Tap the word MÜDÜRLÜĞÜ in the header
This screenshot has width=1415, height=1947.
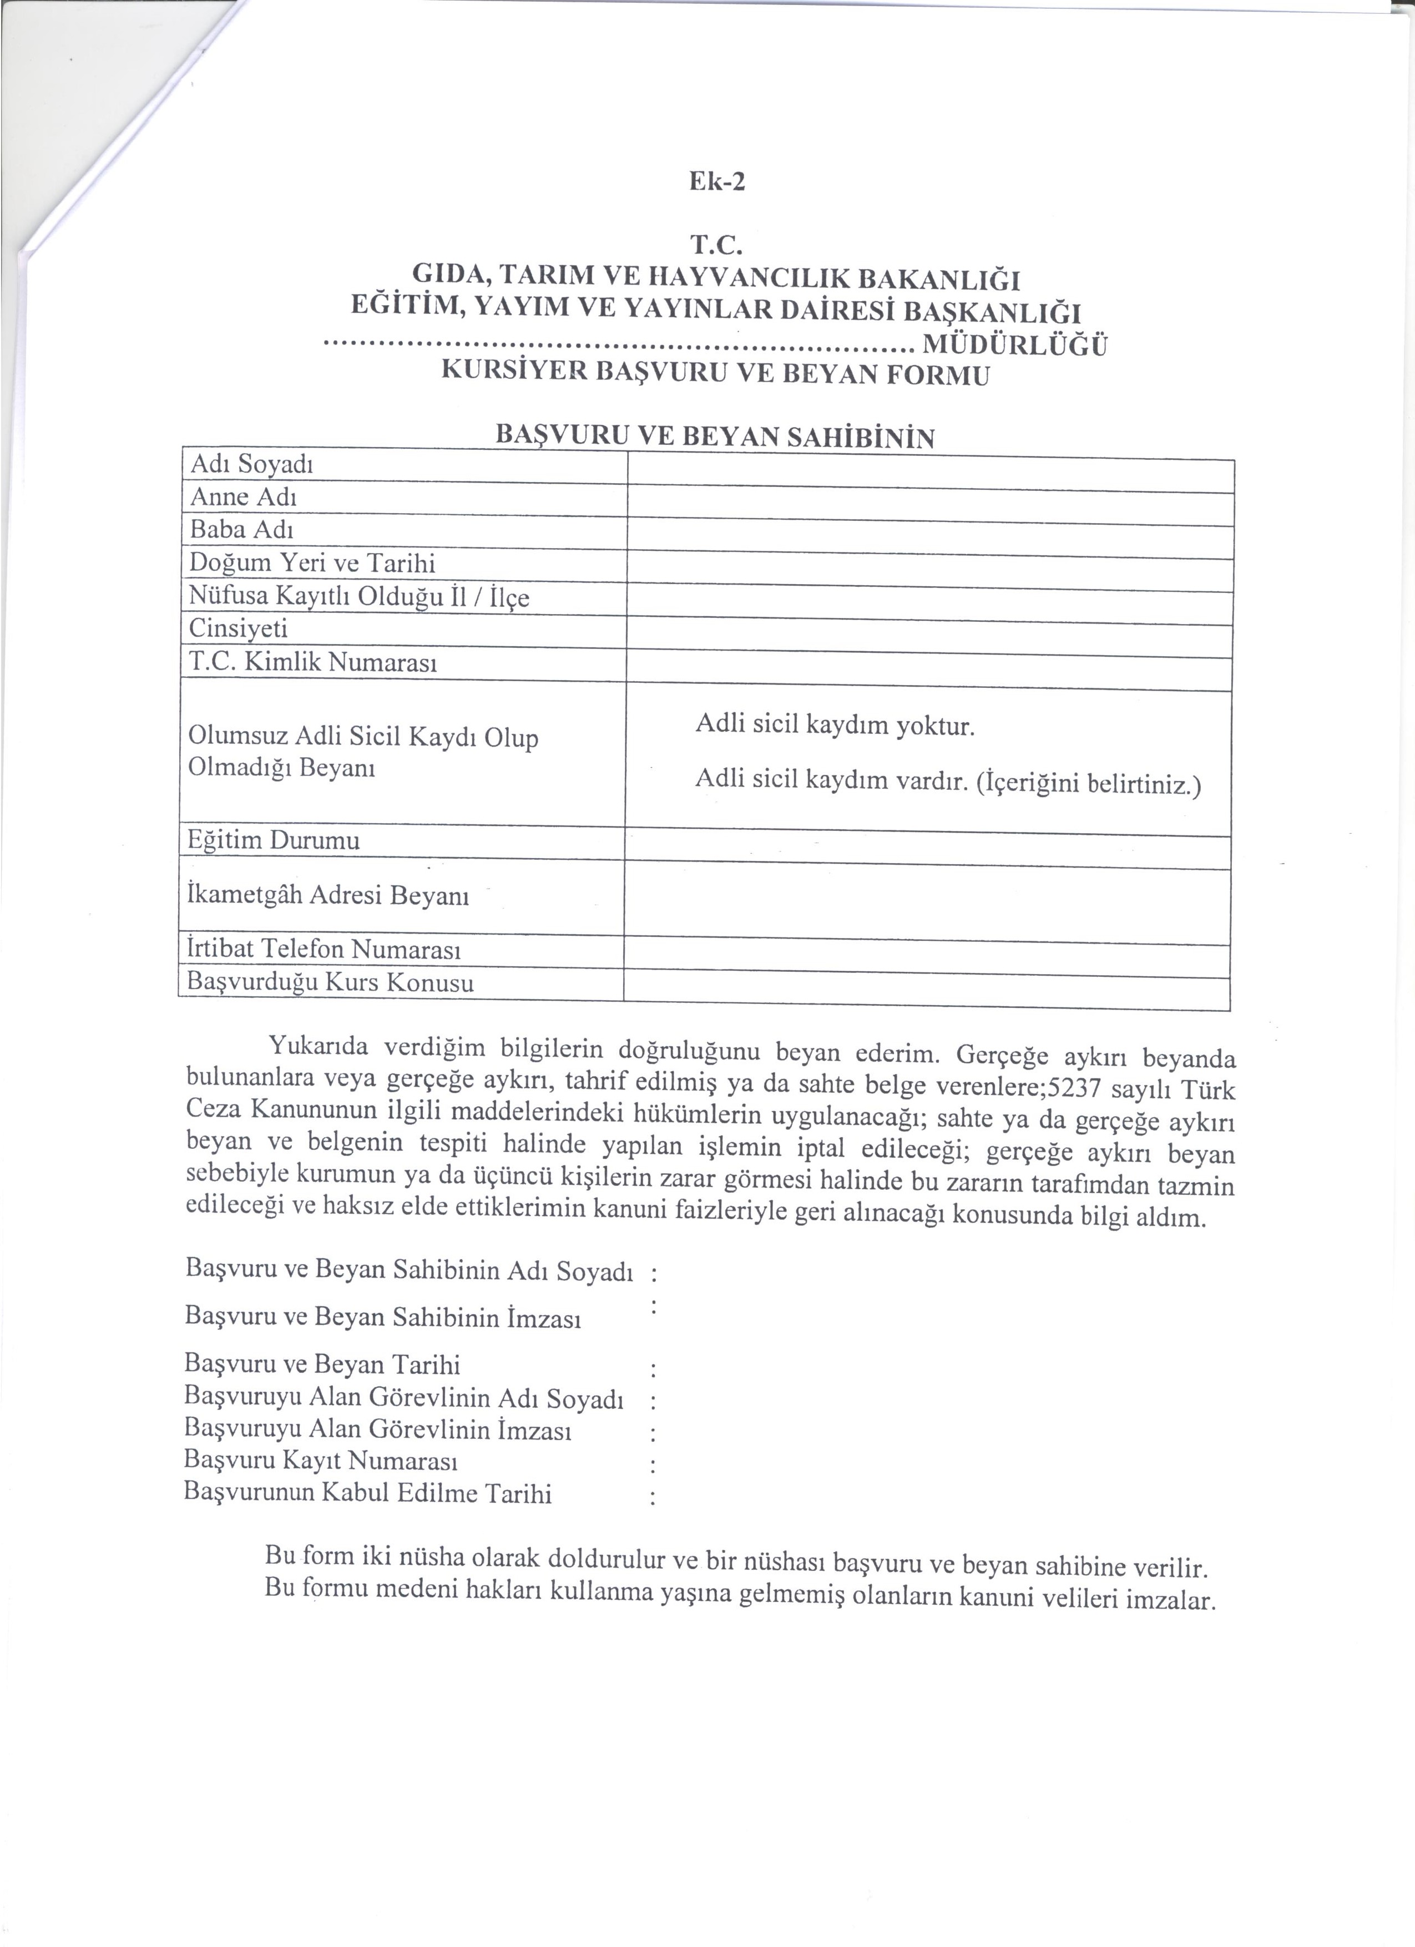click(1013, 346)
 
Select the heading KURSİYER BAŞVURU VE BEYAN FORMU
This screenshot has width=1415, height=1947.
click(714, 374)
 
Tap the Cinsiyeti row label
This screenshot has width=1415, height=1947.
click(238, 628)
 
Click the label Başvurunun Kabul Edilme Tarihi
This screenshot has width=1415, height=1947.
click(367, 1494)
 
